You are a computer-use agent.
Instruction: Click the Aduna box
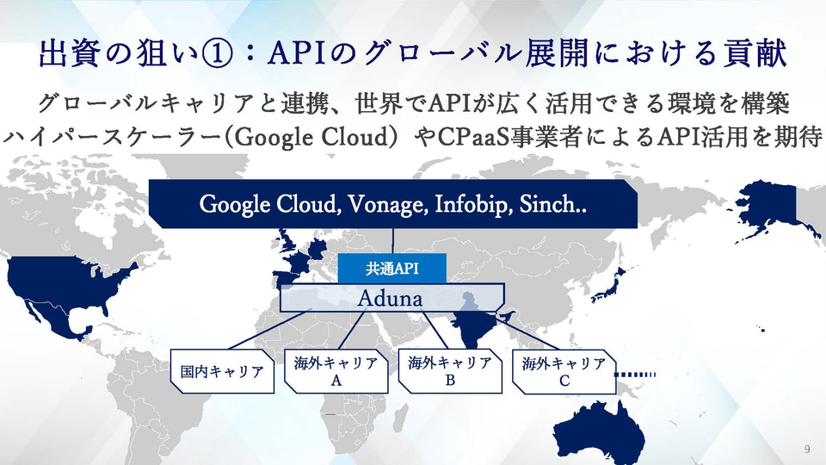(391, 298)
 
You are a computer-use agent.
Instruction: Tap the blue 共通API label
(391, 268)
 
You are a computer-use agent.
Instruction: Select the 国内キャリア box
(222, 372)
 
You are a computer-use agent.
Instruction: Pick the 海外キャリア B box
(450, 371)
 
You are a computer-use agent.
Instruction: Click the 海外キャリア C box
(564, 371)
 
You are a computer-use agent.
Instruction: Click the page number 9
(806, 449)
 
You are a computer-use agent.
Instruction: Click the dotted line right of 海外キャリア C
(637, 374)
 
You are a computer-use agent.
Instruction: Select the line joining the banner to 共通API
(393, 241)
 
